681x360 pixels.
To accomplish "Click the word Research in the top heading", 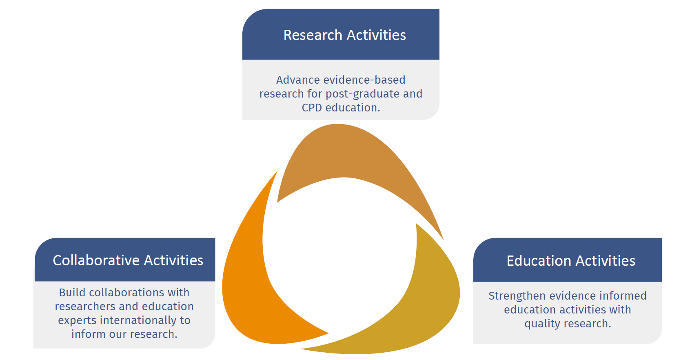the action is tap(313, 35).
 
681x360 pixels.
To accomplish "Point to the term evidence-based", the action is tap(364, 80).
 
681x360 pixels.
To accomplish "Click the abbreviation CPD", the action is tap(312, 108).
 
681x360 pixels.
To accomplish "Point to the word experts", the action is tap(77, 321).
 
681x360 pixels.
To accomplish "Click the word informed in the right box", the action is tap(623, 296).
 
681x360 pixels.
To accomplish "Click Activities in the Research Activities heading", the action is tap(376, 35).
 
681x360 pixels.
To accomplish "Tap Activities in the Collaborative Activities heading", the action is tap(173, 260).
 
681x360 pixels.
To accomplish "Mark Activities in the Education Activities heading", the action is tap(605, 260).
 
